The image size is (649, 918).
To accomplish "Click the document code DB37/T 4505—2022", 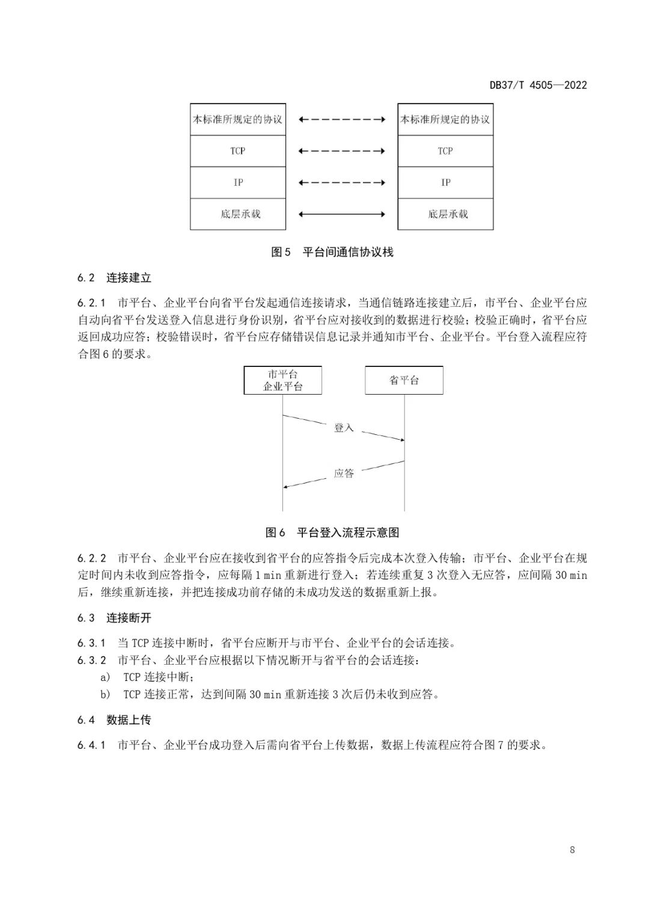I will point(538,85).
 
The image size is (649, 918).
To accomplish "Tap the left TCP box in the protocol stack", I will point(238,151).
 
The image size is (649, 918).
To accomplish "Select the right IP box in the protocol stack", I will point(445,182).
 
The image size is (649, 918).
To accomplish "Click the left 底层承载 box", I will point(238,214).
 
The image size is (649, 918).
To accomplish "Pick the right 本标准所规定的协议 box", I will point(445,119).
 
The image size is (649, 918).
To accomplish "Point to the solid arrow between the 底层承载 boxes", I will point(342,214).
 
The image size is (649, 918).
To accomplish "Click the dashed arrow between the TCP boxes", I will point(342,151).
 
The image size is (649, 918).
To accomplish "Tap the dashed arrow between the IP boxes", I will point(342,182).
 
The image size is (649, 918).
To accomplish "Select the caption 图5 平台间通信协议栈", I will point(332,252).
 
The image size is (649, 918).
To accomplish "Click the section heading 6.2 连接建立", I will point(114,278).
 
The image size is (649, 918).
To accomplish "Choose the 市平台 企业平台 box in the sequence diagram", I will point(282,380).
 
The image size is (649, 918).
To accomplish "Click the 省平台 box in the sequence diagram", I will point(404,380).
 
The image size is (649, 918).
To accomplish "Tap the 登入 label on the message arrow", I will point(344,428).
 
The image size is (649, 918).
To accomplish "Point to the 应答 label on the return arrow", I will point(344,473).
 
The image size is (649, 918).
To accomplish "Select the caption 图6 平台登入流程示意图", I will point(332,532).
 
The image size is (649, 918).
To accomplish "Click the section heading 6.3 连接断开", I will point(114,618).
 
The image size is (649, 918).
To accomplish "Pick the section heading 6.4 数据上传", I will point(114,720).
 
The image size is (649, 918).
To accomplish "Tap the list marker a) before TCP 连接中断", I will point(105,677).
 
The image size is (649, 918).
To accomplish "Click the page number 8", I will point(572,850).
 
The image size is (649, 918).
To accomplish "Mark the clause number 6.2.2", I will point(91,558).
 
